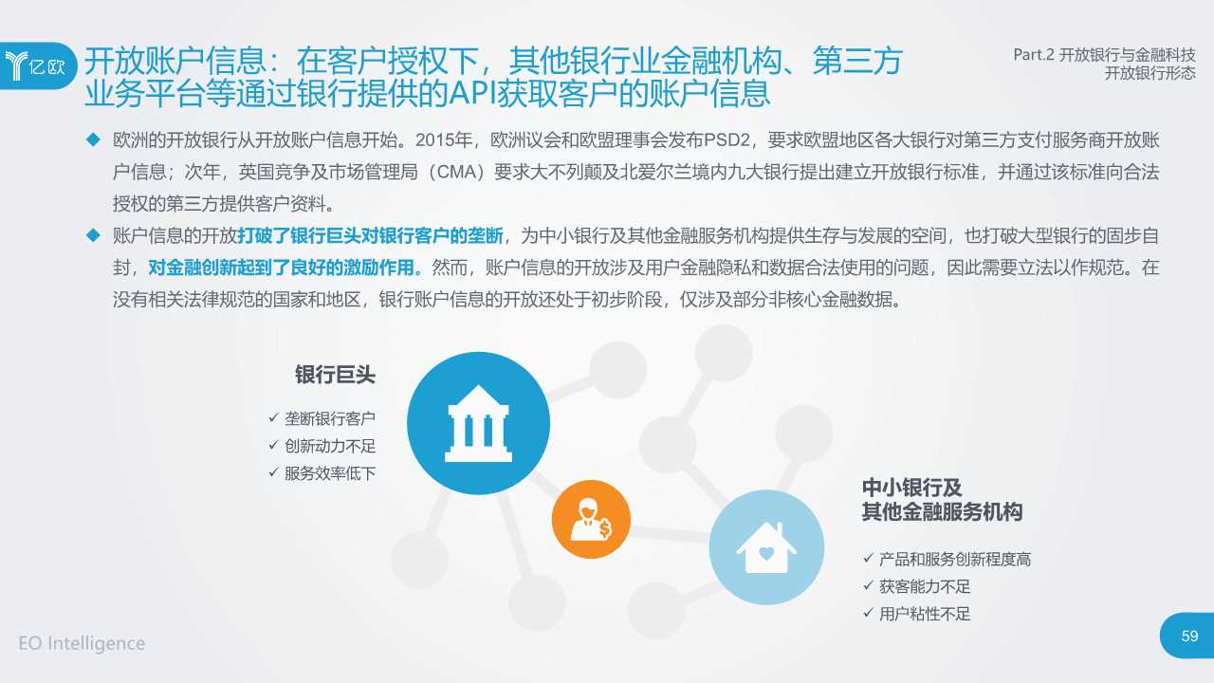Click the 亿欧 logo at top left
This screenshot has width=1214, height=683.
(36, 65)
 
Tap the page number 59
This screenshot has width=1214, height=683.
(1189, 636)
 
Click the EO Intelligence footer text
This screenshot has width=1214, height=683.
(82, 643)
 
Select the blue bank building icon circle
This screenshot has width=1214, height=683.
(478, 423)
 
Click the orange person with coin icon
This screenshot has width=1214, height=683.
(591, 519)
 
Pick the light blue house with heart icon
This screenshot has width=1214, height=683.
(766, 547)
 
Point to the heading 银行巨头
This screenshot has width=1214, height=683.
(335, 375)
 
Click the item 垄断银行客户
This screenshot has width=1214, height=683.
(330, 418)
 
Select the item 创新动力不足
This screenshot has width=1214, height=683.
(330, 446)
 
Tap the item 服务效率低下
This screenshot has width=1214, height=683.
(330, 472)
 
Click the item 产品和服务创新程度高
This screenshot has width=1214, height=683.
(954, 560)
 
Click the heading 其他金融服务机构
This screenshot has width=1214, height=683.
(942, 512)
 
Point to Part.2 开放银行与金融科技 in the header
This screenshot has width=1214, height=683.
(1104, 55)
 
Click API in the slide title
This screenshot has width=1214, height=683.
(480, 94)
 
